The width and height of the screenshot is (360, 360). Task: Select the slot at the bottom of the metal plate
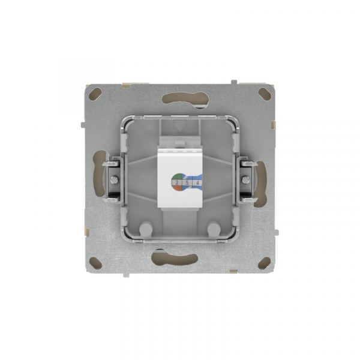click(180, 259)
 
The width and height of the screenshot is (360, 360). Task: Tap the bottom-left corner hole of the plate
click(96, 262)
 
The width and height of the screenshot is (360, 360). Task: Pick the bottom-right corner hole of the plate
click(264, 262)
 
